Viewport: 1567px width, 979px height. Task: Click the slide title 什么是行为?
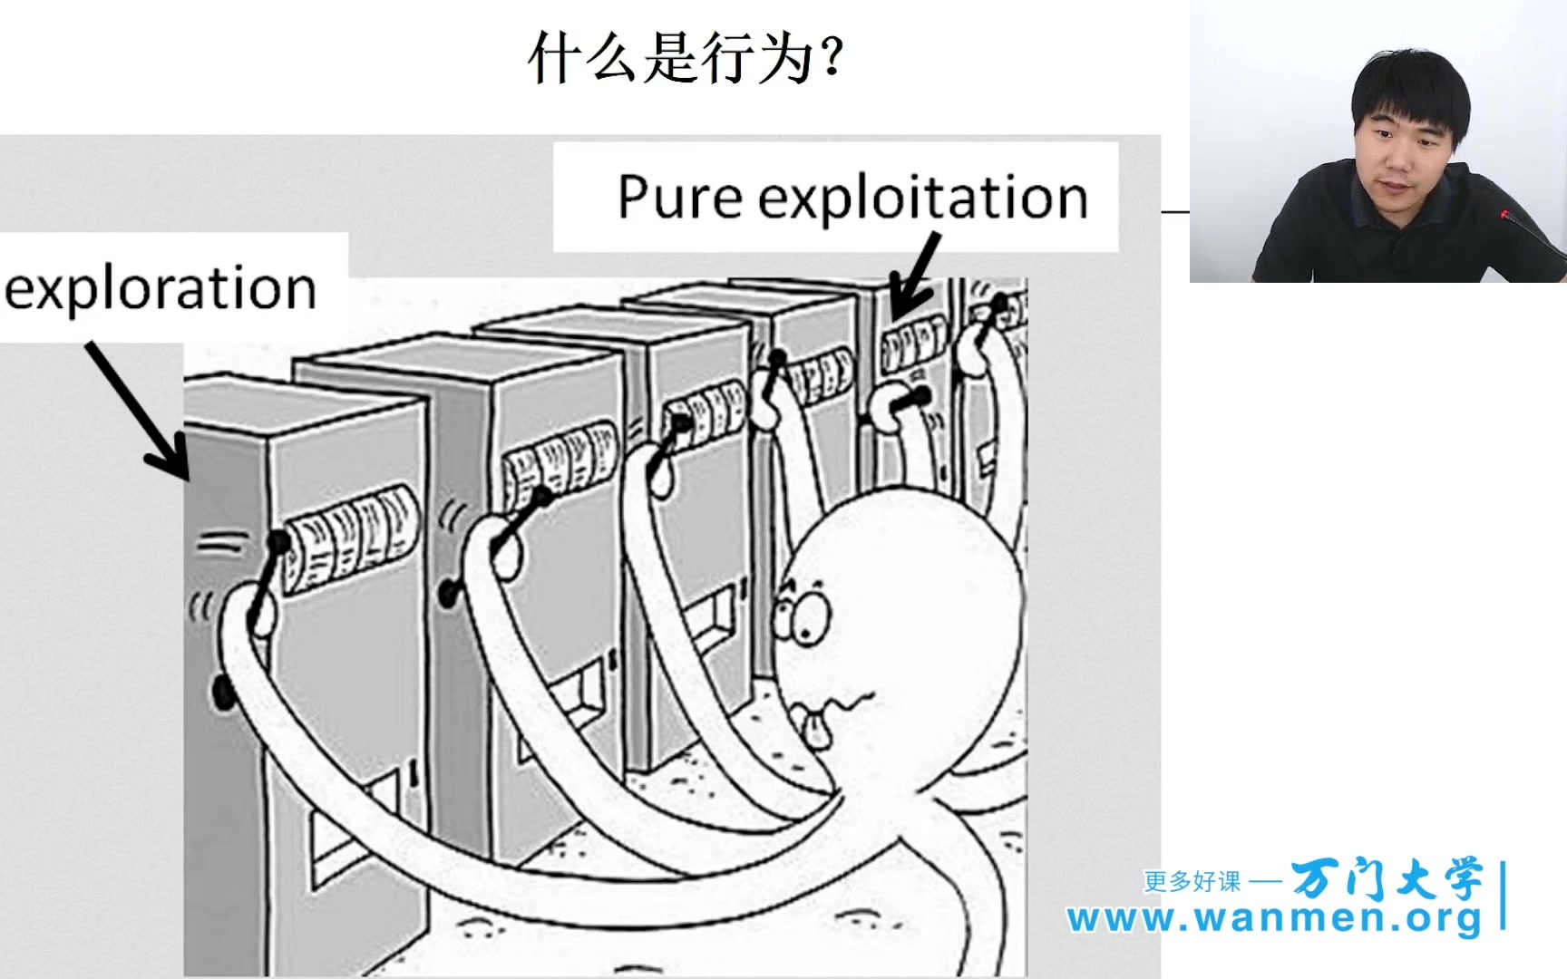point(686,59)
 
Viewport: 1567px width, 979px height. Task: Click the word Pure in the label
point(679,197)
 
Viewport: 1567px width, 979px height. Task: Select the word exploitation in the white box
point(923,199)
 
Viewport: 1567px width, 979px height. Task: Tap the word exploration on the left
point(161,289)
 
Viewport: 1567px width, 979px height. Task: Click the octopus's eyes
point(801,612)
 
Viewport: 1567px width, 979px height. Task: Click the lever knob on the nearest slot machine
point(277,543)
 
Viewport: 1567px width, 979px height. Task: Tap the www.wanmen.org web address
point(1274,918)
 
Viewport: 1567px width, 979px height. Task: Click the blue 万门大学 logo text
point(1387,877)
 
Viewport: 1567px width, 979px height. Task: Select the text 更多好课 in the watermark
point(1192,881)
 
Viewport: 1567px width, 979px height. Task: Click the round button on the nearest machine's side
point(223,693)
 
